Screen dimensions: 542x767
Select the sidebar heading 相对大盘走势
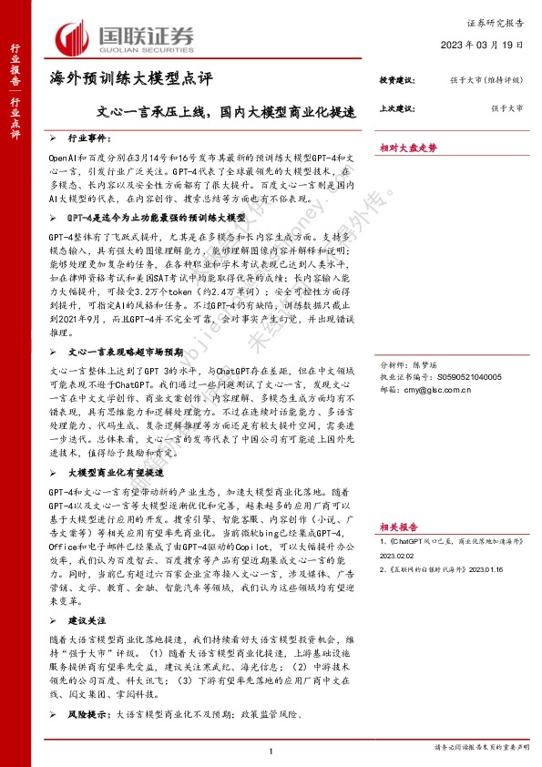[x=408, y=147]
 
